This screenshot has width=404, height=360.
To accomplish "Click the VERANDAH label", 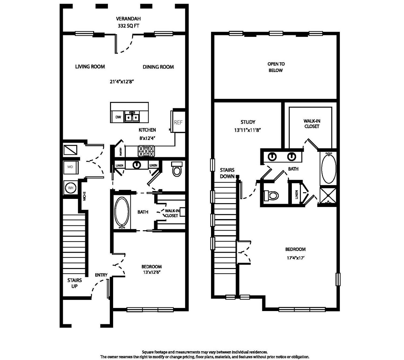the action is point(128,19).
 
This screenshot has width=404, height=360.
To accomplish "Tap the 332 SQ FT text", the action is point(128,26).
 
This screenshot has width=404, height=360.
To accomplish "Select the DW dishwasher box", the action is point(118,117).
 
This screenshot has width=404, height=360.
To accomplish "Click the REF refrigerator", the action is point(178,122).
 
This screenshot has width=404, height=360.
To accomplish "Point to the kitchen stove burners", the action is point(146,151).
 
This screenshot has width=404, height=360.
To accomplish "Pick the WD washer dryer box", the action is point(70,167).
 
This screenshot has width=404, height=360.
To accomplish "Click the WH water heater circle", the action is point(70,188).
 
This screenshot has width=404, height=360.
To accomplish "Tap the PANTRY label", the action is point(121,151).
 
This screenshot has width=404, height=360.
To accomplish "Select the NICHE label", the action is point(84,196).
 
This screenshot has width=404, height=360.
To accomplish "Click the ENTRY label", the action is point(101,275).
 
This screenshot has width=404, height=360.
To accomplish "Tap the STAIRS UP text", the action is point(74,283).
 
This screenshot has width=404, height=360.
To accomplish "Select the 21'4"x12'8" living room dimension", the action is point(122,82).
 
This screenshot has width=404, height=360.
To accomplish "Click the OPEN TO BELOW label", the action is point(276,67).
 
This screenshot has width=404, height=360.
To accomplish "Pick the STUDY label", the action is point(248,122).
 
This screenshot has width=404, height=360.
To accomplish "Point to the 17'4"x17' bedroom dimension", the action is point(295,258).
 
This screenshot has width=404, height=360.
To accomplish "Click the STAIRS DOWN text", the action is point(227,173).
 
